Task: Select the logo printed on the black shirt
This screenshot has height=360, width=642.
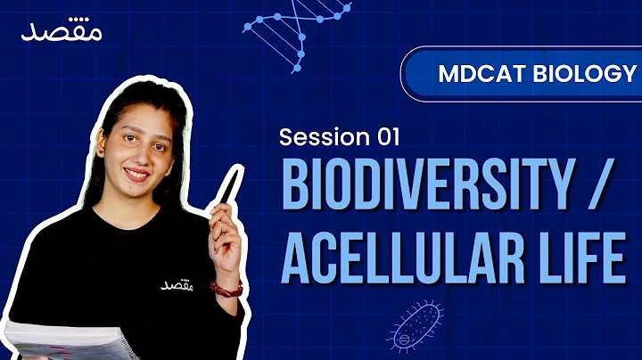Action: click(x=176, y=284)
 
